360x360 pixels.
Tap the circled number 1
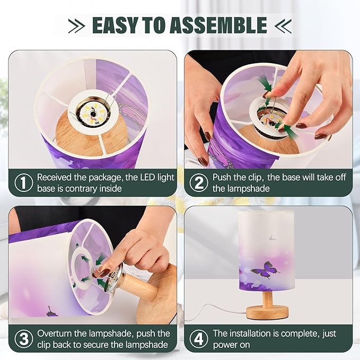23,183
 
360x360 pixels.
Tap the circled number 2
199,183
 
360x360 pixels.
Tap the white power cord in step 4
223,308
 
